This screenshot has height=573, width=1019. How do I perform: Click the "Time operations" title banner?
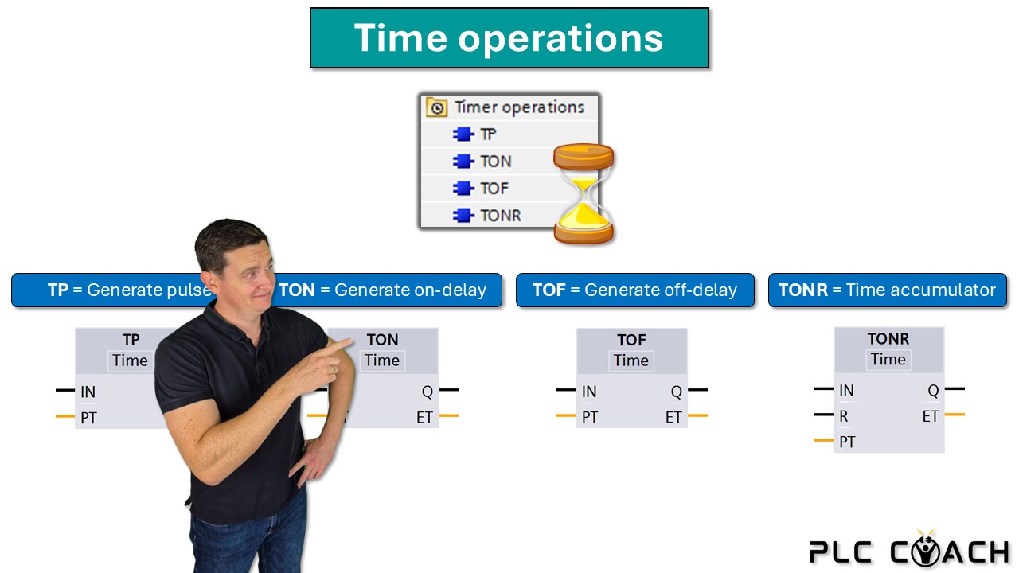click(x=509, y=37)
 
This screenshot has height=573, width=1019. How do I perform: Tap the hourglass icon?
click(x=584, y=193)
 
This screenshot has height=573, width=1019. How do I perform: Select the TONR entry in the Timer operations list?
click(x=501, y=215)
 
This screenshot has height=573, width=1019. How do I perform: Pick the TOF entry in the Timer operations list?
click(x=494, y=189)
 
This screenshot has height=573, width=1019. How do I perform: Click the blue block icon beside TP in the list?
click(x=463, y=134)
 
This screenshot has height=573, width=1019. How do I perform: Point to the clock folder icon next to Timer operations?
click(x=437, y=107)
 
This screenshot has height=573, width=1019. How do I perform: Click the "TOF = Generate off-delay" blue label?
click(x=635, y=290)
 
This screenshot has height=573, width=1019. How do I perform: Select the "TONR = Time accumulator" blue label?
click(x=888, y=290)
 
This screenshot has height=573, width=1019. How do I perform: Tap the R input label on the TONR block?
click(x=843, y=416)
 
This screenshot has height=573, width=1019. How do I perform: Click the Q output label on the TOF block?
click(x=676, y=392)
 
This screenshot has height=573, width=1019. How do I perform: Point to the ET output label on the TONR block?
click(x=931, y=416)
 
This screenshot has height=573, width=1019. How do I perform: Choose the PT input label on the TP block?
click(x=88, y=418)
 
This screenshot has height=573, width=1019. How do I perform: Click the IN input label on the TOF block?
click(x=589, y=392)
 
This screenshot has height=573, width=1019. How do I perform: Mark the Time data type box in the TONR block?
click(x=888, y=360)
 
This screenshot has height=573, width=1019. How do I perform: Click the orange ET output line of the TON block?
click(x=448, y=415)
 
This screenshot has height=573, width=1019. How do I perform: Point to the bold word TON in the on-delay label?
click(x=297, y=290)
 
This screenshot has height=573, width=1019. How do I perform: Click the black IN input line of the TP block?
click(x=65, y=390)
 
